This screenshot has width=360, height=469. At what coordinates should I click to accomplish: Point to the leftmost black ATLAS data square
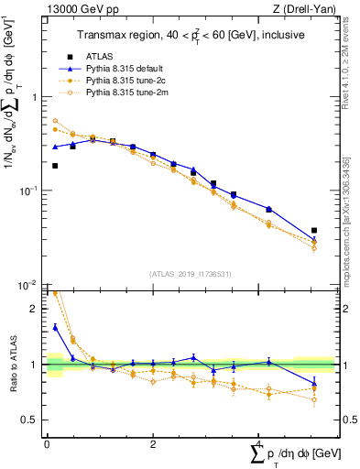coord(55,166)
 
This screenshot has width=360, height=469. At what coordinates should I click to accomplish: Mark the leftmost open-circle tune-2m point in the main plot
coord(55,121)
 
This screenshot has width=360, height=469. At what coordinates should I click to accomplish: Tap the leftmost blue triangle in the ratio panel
coord(55,327)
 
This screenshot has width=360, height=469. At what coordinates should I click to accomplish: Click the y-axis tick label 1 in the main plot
coord(35,97)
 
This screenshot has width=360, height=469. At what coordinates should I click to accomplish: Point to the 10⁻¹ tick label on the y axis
coord(30,190)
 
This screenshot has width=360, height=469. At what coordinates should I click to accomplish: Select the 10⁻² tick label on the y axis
coord(30,284)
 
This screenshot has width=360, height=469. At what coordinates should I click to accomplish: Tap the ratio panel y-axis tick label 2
coord(35,309)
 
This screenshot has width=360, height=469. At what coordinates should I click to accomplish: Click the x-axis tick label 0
coord(47,444)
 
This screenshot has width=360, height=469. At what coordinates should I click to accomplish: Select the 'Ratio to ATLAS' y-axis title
coord(10,365)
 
